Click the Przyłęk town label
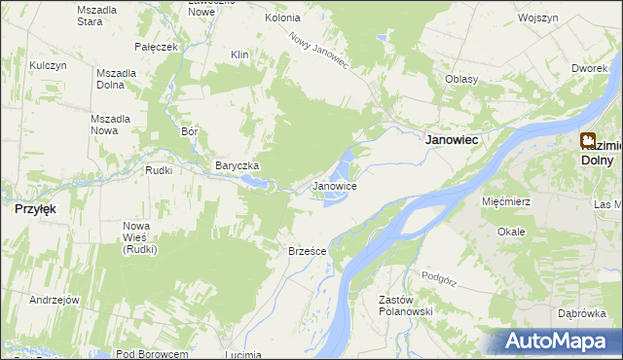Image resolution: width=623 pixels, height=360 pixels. (x=34, y=208)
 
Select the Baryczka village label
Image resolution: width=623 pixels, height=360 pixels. (x=237, y=166)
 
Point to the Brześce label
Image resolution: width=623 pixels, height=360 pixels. (x=307, y=251)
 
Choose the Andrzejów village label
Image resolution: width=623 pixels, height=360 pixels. (x=54, y=300)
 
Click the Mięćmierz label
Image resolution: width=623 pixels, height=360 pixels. (x=505, y=201)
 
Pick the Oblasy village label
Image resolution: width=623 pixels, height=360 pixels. (x=460, y=79)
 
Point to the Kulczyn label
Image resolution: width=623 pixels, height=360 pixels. (x=47, y=65)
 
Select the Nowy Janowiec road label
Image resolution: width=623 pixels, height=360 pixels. (x=317, y=49)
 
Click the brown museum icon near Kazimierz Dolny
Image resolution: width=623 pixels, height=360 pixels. (x=589, y=141)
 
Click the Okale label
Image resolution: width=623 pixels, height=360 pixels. (x=511, y=232)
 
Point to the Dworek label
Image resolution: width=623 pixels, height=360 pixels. (x=591, y=69)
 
